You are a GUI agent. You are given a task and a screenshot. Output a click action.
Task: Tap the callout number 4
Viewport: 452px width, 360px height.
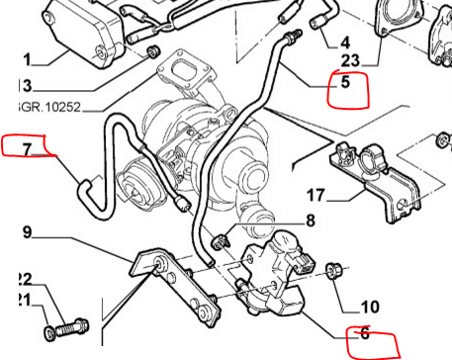coord(344,43)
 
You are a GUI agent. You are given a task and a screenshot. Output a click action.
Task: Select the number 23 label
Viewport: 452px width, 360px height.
coord(350,61)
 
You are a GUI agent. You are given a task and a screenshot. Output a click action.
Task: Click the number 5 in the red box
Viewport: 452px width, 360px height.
coord(345,82)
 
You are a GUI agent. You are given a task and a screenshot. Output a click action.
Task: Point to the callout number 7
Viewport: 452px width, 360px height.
coord(27,149)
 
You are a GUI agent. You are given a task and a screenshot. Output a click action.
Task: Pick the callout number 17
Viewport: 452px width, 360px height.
coord(316,195)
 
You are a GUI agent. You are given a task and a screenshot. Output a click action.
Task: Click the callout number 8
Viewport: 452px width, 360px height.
coord(311,221)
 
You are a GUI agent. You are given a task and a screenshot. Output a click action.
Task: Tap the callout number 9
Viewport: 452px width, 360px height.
coord(28,232)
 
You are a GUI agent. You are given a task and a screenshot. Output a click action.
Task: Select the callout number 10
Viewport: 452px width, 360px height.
coord(370,307)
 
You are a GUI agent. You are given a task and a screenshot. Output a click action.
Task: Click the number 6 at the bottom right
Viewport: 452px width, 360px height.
coord(365,333)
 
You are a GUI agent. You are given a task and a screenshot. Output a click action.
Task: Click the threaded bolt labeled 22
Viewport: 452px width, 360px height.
coord(72,327)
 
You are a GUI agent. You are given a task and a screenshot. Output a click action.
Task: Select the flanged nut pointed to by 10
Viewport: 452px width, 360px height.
coord(332,270)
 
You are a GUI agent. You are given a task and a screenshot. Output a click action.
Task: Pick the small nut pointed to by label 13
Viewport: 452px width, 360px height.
coord(153,51)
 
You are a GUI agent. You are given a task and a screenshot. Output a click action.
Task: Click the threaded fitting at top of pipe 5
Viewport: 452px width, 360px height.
coord(294,36)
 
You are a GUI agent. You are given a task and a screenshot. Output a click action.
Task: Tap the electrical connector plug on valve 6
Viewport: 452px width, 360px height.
coord(305,263)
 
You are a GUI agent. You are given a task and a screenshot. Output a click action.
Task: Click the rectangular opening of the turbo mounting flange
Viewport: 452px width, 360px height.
coord(186,70)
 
